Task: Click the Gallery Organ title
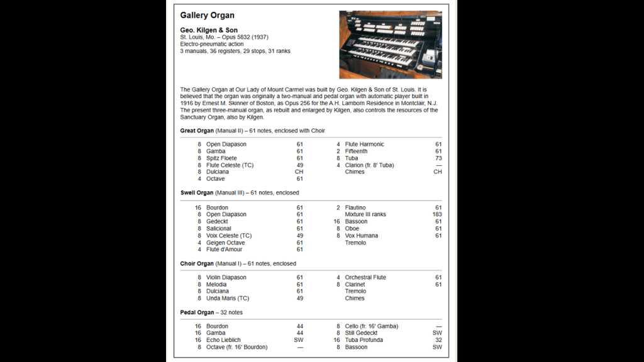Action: (207, 15)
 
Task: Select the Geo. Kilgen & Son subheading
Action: (209, 30)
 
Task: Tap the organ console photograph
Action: (390, 44)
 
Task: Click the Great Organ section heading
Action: (197, 131)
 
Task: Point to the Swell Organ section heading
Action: (197, 193)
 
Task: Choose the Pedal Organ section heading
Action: (197, 312)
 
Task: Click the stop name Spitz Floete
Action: (221, 158)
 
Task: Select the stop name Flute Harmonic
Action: (364, 145)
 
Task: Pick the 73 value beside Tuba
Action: (438, 158)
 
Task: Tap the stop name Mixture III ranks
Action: (365, 214)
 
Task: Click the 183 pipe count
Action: (436, 214)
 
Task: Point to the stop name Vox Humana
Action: (361, 236)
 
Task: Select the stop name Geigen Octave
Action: (225, 243)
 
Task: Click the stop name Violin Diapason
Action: (226, 277)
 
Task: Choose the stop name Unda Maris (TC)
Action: (227, 299)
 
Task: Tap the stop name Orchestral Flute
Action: (365, 277)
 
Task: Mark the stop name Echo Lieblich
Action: (223, 340)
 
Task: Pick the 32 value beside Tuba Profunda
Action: (438, 340)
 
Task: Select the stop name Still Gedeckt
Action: (361, 333)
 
